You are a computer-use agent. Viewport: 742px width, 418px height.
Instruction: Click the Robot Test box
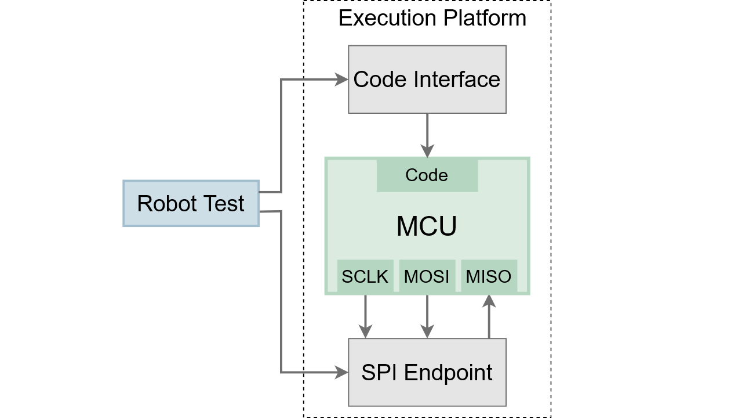pyautogui.click(x=191, y=203)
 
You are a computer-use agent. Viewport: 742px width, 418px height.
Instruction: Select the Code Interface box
pyautogui.click(x=427, y=80)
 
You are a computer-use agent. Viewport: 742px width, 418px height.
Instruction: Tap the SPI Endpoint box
pyautogui.click(x=427, y=372)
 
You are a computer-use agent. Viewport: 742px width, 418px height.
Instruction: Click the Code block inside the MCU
pyautogui.click(x=427, y=175)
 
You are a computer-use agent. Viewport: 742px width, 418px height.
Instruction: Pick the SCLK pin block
pyautogui.click(x=365, y=276)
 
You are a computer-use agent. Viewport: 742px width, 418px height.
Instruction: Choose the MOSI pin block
pyautogui.click(x=427, y=276)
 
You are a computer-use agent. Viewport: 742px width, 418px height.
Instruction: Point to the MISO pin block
pyautogui.click(x=489, y=276)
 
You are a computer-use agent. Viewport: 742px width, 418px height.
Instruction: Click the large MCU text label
pyautogui.click(x=427, y=226)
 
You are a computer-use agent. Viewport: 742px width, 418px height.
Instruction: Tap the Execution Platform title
pyautogui.click(x=432, y=18)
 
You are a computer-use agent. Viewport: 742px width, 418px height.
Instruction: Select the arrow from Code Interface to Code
pyautogui.click(x=427, y=135)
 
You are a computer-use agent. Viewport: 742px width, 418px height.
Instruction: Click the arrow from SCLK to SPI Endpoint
pyautogui.click(x=365, y=316)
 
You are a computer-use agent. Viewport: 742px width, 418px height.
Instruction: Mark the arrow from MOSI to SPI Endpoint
pyautogui.click(x=427, y=316)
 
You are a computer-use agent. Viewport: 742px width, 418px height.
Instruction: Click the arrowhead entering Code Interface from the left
pyautogui.click(x=342, y=80)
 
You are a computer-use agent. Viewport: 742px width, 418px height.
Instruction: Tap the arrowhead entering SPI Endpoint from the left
pyautogui.click(x=342, y=372)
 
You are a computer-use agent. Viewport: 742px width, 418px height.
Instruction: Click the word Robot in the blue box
pyautogui.click(x=162, y=204)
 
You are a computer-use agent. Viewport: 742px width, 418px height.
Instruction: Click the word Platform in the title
pyautogui.click(x=485, y=18)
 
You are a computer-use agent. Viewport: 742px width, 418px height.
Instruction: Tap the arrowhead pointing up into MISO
pyautogui.click(x=489, y=301)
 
